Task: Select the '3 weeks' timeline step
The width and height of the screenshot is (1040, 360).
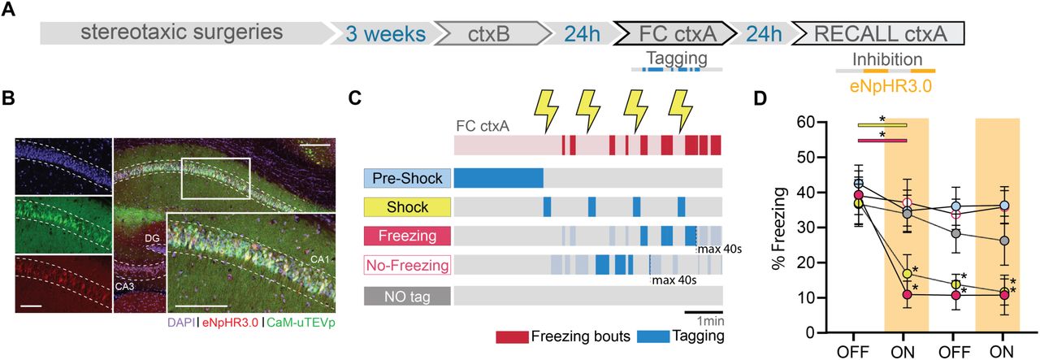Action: (x=383, y=33)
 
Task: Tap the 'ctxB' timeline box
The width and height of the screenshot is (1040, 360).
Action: (x=489, y=33)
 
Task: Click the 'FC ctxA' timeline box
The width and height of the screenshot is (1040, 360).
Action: (x=674, y=33)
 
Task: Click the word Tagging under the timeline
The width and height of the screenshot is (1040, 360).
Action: (x=676, y=59)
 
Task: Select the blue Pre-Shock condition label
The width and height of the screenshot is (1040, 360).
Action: (x=407, y=178)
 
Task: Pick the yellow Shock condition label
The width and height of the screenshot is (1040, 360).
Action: (x=407, y=206)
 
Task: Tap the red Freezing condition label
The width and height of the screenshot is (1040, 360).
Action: (x=407, y=236)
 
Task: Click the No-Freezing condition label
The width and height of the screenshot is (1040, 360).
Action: (x=407, y=265)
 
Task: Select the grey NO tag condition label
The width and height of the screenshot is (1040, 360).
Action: (x=407, y=294)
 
